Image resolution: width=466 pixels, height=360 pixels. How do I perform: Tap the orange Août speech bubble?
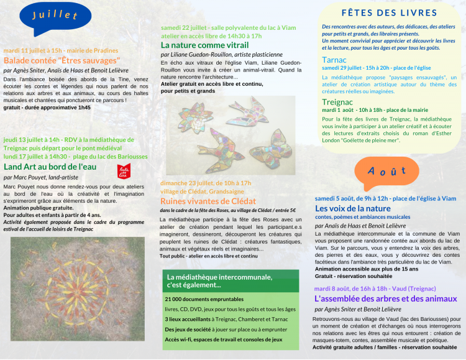click(x=386, y=172)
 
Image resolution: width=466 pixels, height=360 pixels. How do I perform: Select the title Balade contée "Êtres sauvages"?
click(x=62, y=61)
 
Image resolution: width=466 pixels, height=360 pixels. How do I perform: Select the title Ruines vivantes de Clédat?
click(x=208, y=201)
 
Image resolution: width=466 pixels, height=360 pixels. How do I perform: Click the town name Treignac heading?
click(x=338, y=101)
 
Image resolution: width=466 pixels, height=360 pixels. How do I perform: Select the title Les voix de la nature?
click(x=353, y=208)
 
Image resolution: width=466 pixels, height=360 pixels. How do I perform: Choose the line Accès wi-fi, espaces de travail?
click(x=223, y=339)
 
